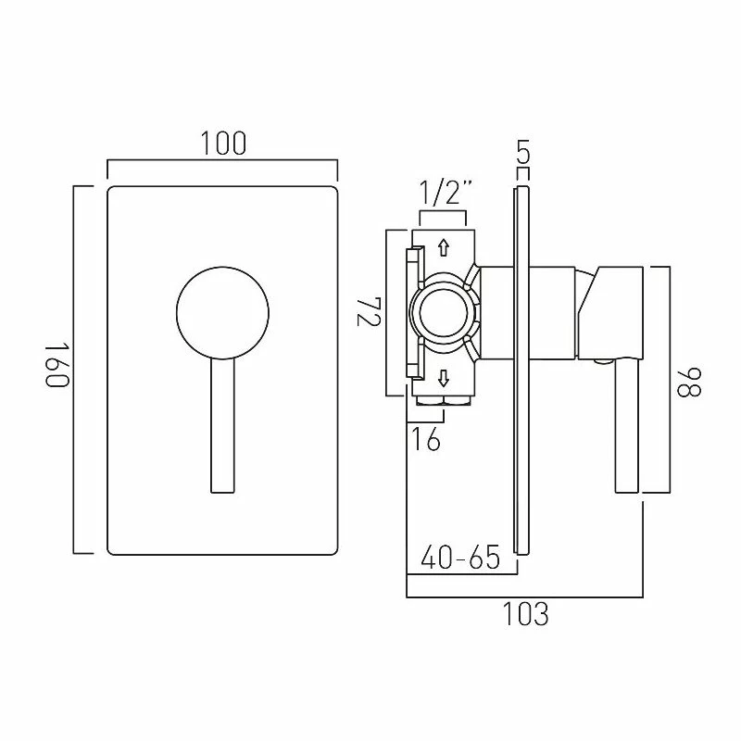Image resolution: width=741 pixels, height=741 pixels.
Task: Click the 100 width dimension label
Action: click(222, 144)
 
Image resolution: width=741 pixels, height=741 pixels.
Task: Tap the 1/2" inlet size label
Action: click(446, 194)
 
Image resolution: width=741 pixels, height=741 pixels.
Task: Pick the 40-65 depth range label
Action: click(460, 558)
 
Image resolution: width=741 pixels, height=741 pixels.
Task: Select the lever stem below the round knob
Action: click(222, 426)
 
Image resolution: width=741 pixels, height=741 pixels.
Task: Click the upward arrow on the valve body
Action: click(443, 247)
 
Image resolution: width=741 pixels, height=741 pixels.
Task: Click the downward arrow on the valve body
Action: click(443, 377)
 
